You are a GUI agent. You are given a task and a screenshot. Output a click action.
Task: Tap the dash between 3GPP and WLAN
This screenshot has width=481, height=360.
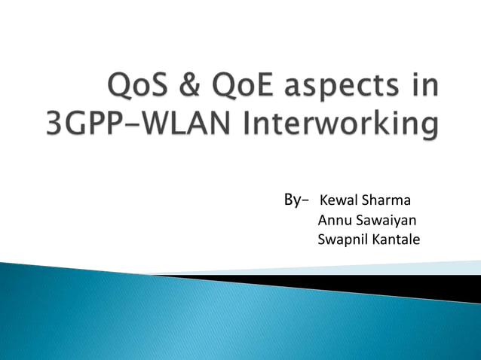point(127,124)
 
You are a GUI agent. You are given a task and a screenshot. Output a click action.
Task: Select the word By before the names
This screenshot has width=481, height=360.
point(291,200)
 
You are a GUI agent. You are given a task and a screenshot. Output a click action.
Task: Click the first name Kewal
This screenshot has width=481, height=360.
point(338,201)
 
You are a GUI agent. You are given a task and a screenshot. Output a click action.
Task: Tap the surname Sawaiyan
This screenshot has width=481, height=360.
point(384,221)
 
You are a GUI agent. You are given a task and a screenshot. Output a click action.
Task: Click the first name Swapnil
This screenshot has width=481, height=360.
point(342,241)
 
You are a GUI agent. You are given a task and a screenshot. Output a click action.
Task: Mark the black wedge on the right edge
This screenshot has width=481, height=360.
point(422,285)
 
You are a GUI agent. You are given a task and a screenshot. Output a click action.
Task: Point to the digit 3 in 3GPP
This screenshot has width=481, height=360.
point(56,123)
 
